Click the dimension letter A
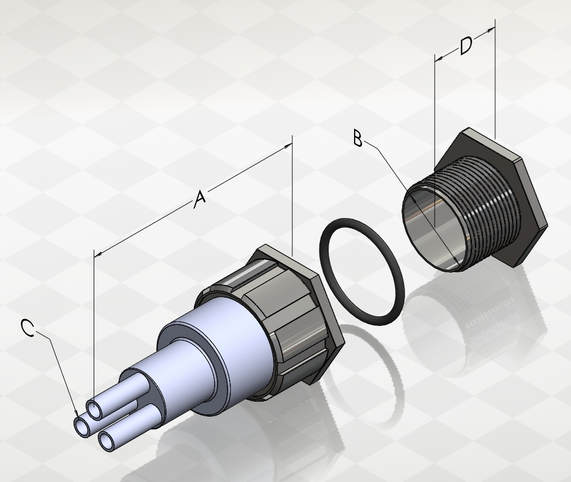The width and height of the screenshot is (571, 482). (x=200, y=199)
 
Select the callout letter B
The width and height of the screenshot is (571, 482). (x=358, y=139)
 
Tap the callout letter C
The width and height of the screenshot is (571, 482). (x=27, y=328)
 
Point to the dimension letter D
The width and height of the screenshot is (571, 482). (x=466, y=46)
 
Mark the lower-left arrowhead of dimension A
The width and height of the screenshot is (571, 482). (x=98, y=255)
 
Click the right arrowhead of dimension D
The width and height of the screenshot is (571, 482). (x=491, y=29)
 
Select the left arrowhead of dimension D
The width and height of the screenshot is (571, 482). (x=439, y=58)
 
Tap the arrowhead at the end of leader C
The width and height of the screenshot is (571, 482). (x=76, y=413)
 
